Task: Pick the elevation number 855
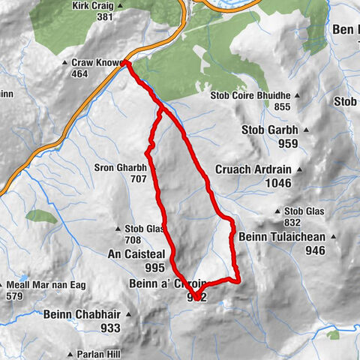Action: (x=281, y=107)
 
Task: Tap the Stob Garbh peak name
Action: (x=269, y=130)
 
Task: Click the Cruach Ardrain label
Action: (x=251, y=169)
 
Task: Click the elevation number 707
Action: (x=139, y=180)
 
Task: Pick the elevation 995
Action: (x=155, y=268)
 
